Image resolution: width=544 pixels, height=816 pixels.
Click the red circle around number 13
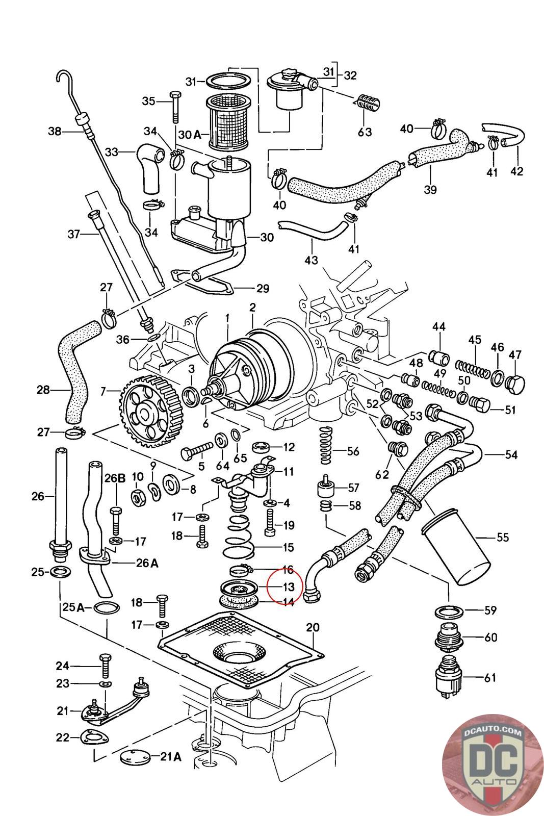coord(284,587)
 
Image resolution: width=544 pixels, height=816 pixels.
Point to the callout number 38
coord(55,132)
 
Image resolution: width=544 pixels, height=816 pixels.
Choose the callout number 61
coord(489,678)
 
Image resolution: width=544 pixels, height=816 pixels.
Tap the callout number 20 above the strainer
coord(312,628)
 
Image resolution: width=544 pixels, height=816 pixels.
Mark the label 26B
coord(115,479)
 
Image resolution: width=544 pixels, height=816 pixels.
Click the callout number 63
coord(364,132)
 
